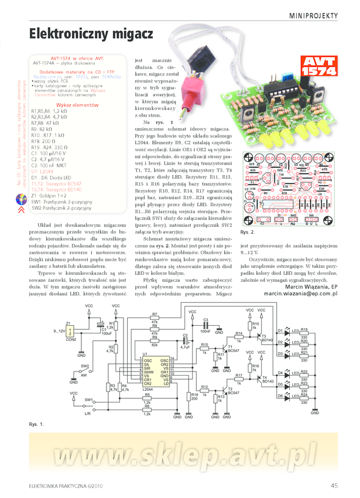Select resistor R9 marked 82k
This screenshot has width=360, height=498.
[155, 342]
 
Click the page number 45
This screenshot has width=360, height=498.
[334, 485]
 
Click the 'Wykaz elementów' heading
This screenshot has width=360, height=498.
[76, 104]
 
